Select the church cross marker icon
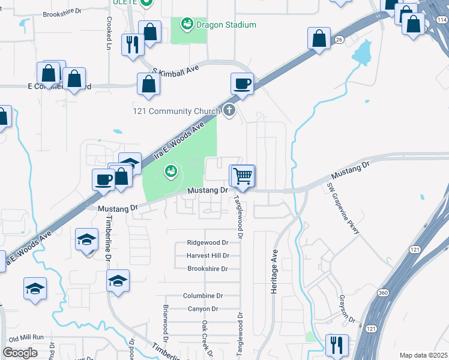point(229,110)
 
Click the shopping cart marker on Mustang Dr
point(243,176)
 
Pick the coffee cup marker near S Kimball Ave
point(242,84)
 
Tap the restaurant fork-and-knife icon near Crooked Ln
point(132,44)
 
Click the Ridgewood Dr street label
point(208,243)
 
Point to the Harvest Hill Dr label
point(208,256)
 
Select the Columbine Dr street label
point(203,296)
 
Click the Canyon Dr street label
point(203,309)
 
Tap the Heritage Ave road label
point(274,271)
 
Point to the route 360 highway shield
point(383,292)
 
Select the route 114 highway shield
point(442,20)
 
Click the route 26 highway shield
point(339,40)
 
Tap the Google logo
point(20,353)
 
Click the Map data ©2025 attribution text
point(423,355)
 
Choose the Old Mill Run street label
point(27,338)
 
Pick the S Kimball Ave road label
point(175,70)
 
